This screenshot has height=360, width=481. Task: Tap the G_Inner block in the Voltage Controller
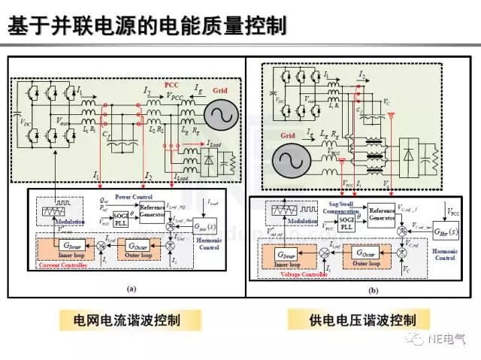(289, 256)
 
